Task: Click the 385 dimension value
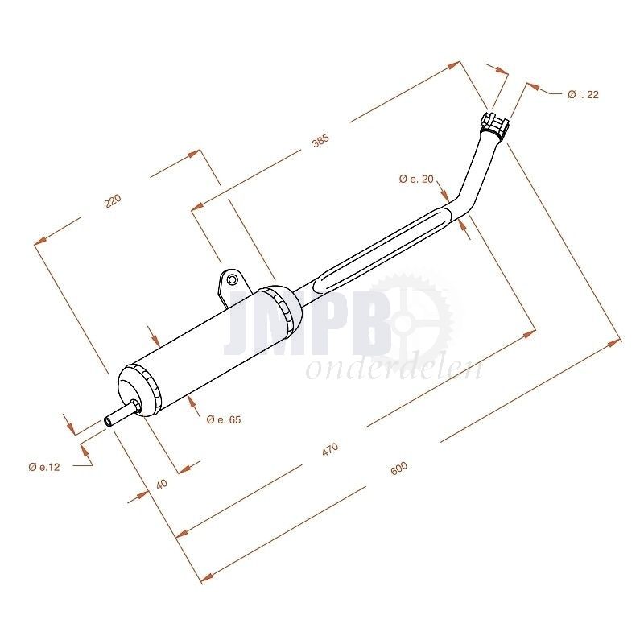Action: point(320,141)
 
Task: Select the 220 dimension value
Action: point(113,200)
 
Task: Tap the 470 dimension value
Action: point(330,449)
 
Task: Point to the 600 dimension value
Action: point(398,469)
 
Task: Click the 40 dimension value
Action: point(162,484)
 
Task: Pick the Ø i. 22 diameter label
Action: point(583,94)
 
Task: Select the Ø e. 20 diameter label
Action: point(416,179)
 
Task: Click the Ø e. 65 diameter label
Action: point(224,419)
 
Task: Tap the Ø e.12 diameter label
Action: point(44,467)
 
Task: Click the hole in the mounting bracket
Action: point(233,280)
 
